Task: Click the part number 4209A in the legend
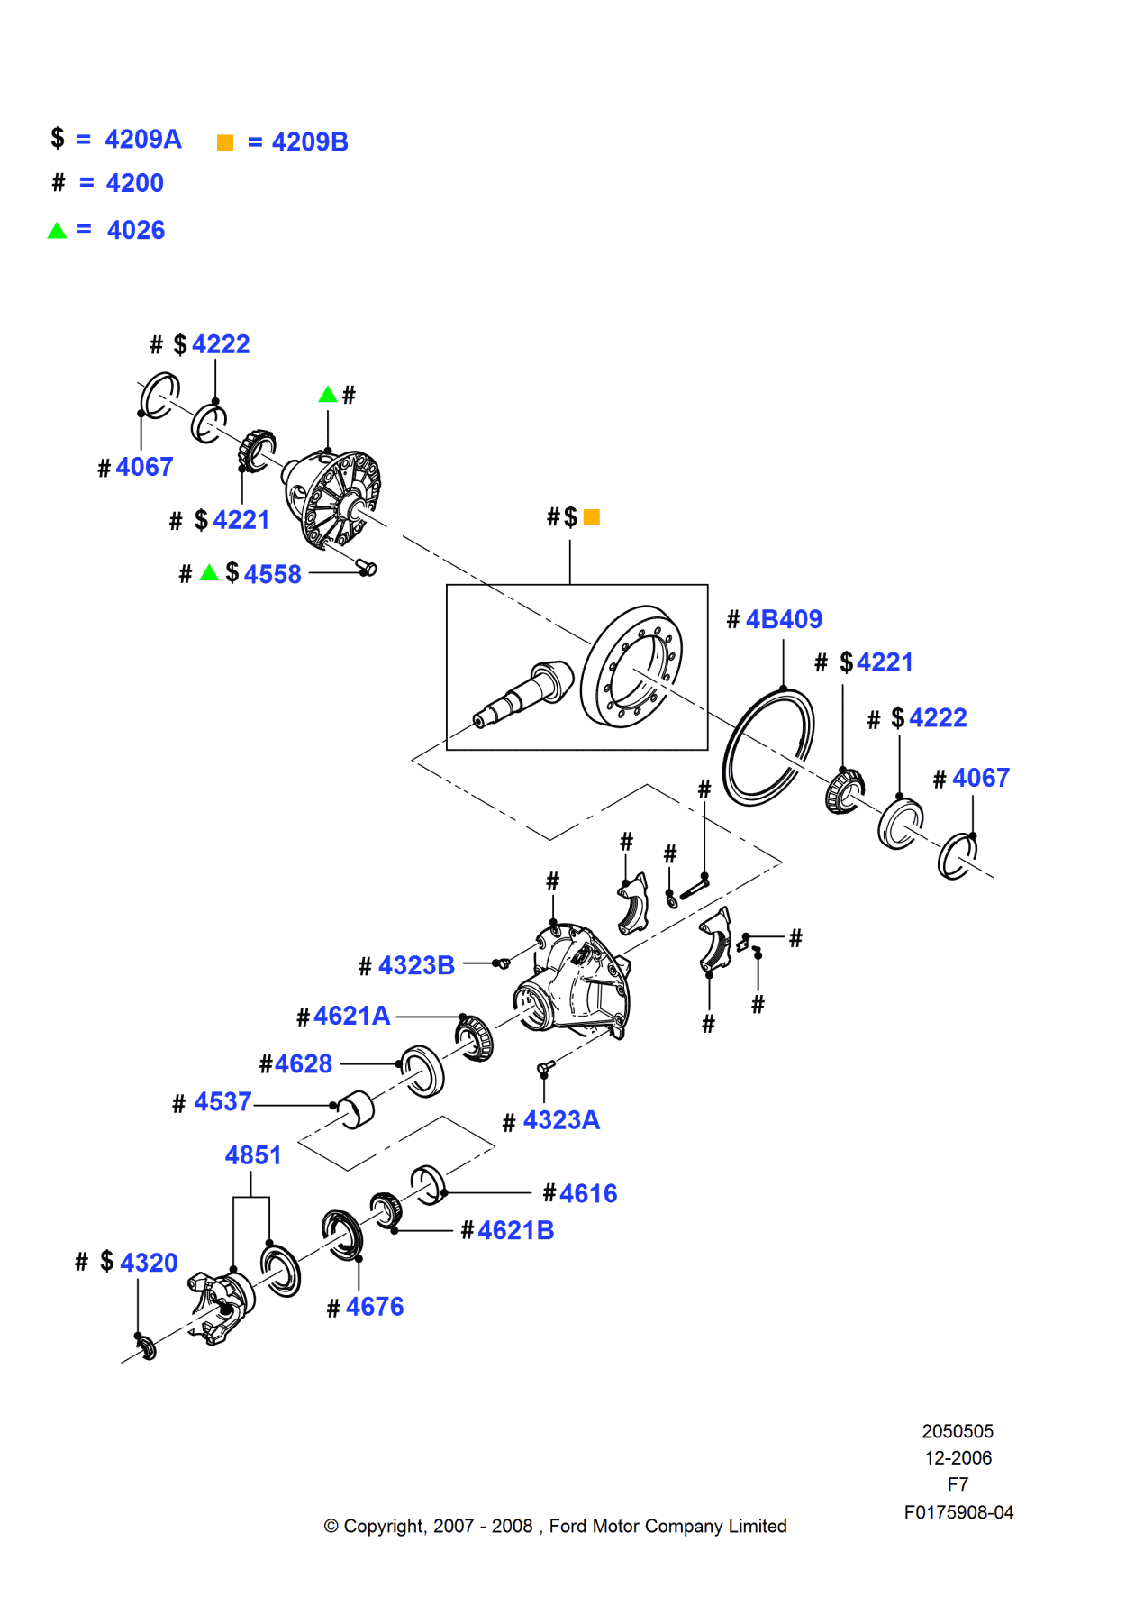[x=142, y=140]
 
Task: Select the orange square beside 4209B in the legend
[x=225, y=142]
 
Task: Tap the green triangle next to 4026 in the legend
[x=57, y=231]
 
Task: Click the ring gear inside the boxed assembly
[x=631, y=666]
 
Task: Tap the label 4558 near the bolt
[x=272, y=575]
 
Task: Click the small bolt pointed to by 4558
[x=367, y=568]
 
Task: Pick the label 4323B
[x=416, y=966]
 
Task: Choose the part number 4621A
[x=351, y=1017]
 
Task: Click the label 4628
[x=304, y=1064]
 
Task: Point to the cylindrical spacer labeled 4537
[x=357, y=1109]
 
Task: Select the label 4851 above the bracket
[x=253, y=1156]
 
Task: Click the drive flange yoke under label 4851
[x=221, y=1307]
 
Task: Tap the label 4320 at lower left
[x=149, y=1264]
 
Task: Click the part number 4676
[x=374, y=1308]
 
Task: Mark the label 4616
[x=587, y=1194]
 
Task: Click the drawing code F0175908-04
[x=958, y=1513]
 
